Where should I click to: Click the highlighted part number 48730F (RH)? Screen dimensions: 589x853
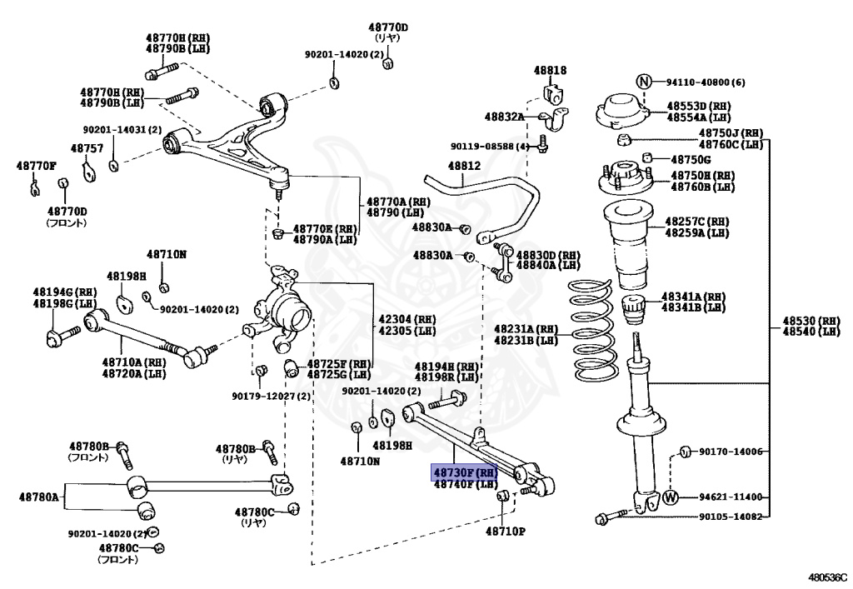click(464, 472)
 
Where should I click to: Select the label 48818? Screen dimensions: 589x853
click(550, 71)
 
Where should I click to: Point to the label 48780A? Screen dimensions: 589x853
click(39, 497)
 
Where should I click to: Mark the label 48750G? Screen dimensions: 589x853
click(691, 159)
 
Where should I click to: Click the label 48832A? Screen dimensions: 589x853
click(505, 117)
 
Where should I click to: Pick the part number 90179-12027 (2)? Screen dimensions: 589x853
click(271, 396)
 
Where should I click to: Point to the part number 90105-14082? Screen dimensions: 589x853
click(730, 517)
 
